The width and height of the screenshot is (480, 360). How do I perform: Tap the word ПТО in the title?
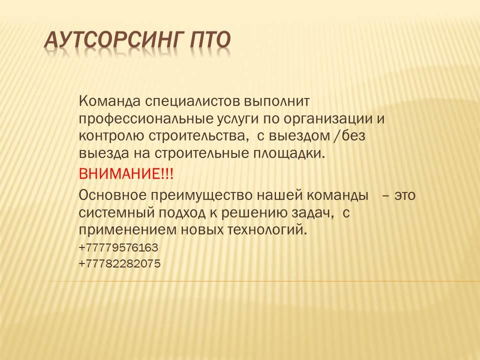pyautogui.click(x=210, y=40)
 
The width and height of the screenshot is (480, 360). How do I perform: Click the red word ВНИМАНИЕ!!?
pyautogui.click(x=126, y=175)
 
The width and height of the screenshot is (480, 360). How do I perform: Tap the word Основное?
pyautogui.click(x=112, y=195)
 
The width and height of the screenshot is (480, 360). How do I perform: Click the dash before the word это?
pyautogui.click(x=385, y=195)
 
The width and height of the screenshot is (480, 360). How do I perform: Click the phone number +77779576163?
pyautogui.click(x=118, y=247)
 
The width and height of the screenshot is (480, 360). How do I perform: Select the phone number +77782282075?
pyautogui.click(x=119, y=263)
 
